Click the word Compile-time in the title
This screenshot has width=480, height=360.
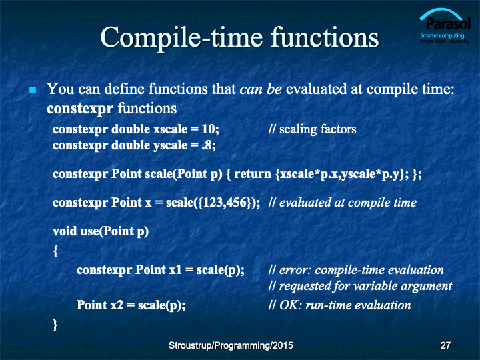(x=181, y=38)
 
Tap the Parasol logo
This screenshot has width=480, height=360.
(x=445, y=26)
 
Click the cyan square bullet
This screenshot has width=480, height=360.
(x=33, y=90)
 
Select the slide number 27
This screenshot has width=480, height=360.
(x=445, y=345)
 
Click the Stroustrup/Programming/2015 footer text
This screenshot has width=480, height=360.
(x=231, y=345)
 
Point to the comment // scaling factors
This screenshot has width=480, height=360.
(x=312, y=129)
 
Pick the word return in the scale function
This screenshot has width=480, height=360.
(x=253, y=174)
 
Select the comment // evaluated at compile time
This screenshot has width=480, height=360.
(x=342, y=203)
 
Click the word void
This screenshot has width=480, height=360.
(x=65, y=231)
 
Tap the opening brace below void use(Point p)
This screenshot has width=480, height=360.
(x=55, y=251)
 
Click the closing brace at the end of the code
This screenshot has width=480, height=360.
(x=55, y=325)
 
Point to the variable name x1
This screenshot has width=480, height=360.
(x=175, y=270)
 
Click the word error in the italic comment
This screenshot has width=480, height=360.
(x=295, y=270)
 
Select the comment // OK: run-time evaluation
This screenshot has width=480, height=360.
(x=339, y=305)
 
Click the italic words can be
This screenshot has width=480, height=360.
(x=261, y=89)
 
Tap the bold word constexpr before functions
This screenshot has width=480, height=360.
(x=80, y=109)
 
